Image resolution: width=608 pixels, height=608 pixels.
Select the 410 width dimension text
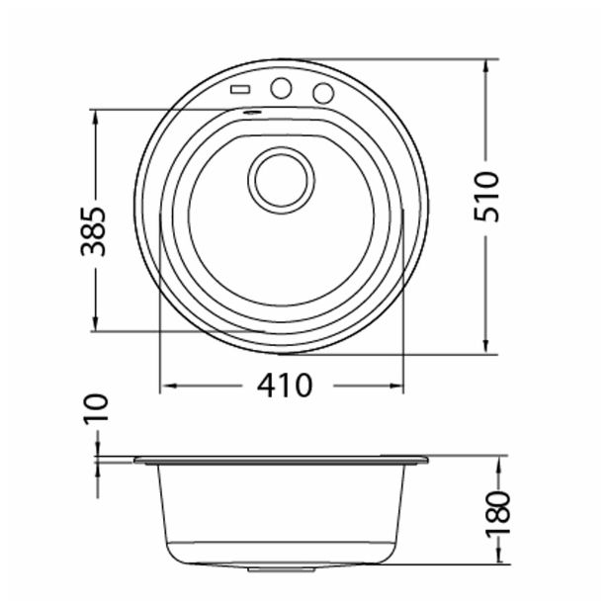point(284,385)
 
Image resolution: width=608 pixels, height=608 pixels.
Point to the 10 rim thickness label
point(96,407)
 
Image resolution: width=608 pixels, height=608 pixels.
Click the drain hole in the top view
point(282,179)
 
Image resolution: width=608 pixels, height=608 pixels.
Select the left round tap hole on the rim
point(281,88)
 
